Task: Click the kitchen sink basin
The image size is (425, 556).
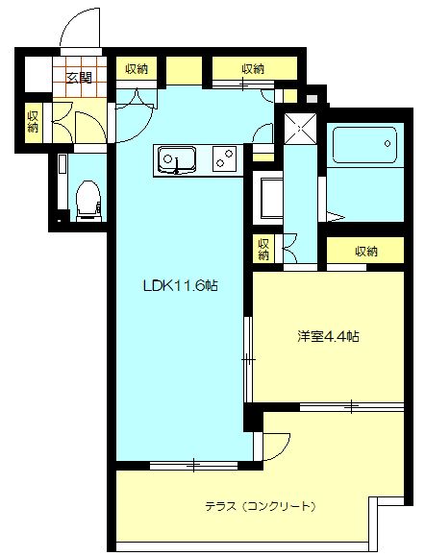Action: point(177,157)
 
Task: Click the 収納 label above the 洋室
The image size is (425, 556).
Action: point(366,252)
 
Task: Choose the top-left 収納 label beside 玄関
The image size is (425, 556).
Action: point(136,69)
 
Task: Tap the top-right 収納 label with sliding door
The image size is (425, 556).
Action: point(254,69)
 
